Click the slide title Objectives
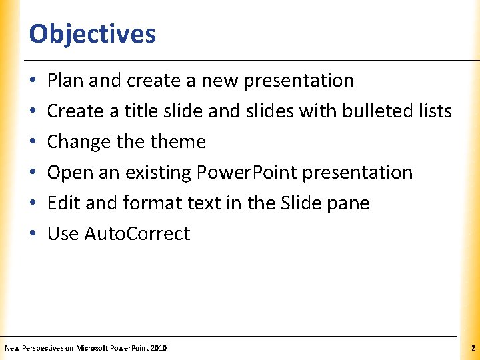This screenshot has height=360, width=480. (x=93, y=33)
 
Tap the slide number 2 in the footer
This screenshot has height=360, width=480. (x=472, y=348)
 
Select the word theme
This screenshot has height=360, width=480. (x=179, y=142)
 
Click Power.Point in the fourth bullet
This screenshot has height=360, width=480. (x=247, y=173)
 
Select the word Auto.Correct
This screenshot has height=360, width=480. (x=137, y=234)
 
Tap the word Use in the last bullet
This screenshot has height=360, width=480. (x=63, y=234)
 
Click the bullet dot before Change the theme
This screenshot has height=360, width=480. (x=33, y=143)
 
